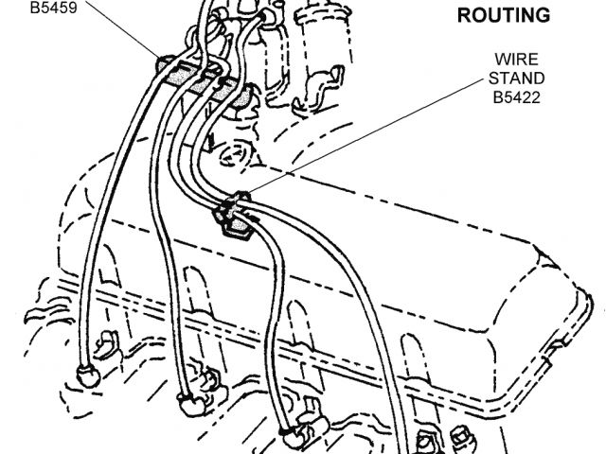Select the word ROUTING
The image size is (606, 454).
[x=504, y=15]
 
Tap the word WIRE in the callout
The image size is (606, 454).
[x=510, y=59]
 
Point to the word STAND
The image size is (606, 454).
[x=511, y=78]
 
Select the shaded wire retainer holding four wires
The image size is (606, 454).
[x=203, y=79]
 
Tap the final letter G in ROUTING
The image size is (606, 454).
[x=543, y=15]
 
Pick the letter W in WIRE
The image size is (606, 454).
[x=495, y=59]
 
